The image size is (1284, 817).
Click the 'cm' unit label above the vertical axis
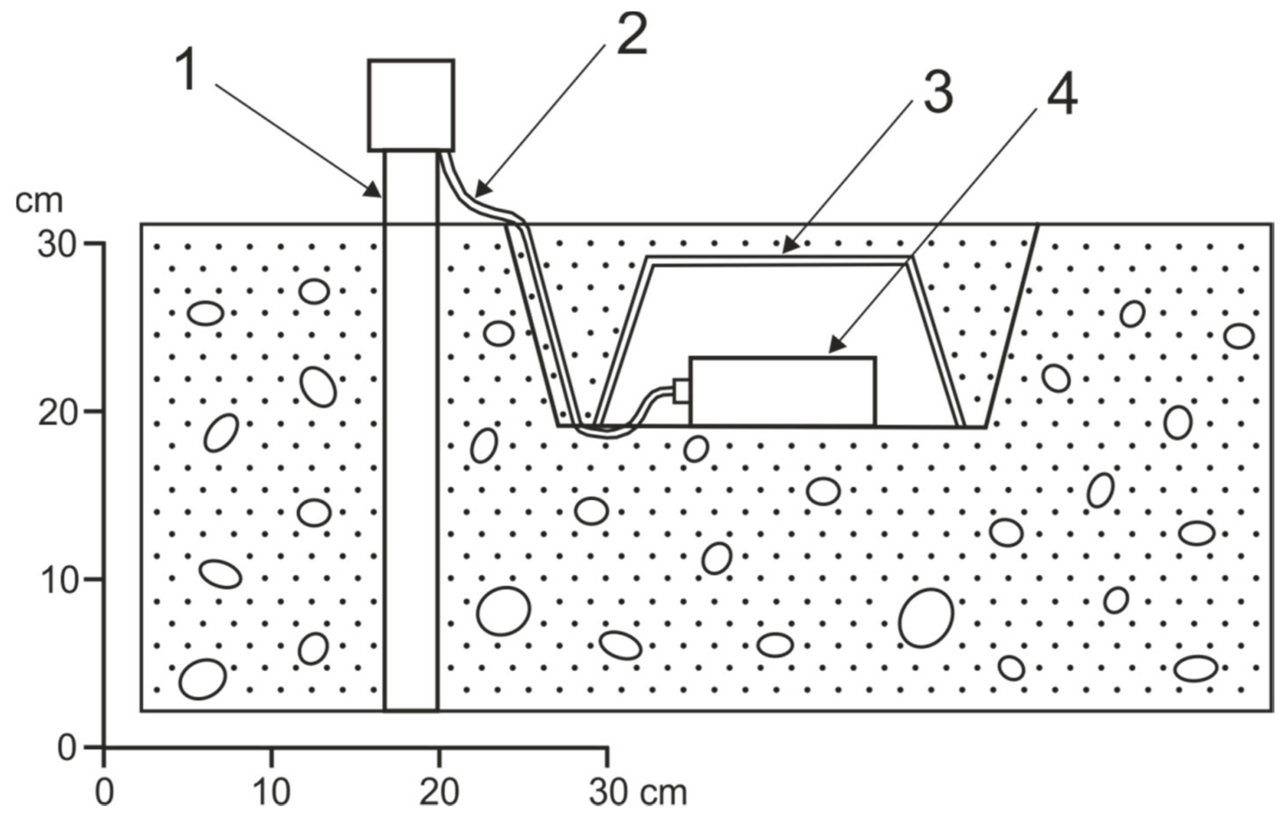[38, 202]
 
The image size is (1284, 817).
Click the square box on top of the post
[411, 105]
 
